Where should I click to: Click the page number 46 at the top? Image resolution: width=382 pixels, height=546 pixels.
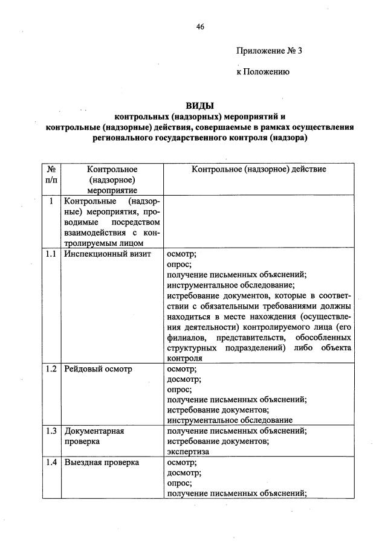pos(200,27)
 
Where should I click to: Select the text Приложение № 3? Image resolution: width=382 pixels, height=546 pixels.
pos(268,51)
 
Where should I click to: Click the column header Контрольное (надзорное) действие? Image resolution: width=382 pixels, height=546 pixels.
pos(259,169)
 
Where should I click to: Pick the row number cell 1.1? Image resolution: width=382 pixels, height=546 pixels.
pos(51,254)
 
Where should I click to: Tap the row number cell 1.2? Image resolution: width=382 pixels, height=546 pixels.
pos(51,368)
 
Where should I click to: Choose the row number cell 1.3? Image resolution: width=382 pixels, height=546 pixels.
pos(51,431)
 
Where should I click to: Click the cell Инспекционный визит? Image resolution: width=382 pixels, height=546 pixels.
pos(103,254)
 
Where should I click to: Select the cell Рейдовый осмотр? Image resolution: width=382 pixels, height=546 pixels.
pos(97,368)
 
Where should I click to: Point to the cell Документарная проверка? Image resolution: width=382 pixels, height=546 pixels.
pos(94,436)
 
